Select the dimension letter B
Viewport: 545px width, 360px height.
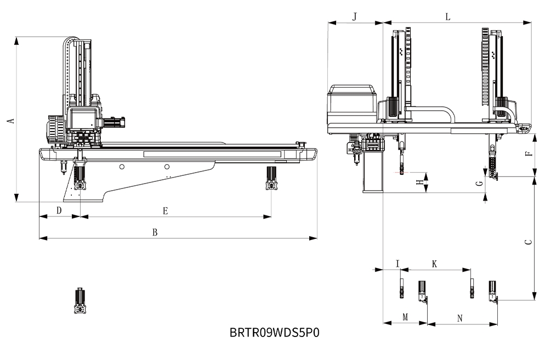[155, 232]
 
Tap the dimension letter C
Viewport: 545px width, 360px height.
[527, 242]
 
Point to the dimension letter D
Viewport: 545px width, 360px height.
[59, 210]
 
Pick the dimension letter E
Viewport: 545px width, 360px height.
[165, 210]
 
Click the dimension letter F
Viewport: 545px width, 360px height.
[527, 154]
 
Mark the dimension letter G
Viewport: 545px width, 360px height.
[479, 184]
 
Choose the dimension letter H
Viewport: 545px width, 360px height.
[419, 184]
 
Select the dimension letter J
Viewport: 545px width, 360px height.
[354, 16]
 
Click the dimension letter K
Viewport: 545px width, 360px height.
[434, 264]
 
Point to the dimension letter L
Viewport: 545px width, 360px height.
[448, 16]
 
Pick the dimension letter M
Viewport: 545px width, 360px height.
[405, 317]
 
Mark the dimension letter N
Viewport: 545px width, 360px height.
[460, 317]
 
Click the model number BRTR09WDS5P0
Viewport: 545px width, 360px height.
[274, 333]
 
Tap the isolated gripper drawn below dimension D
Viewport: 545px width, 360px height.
[81, 301]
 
